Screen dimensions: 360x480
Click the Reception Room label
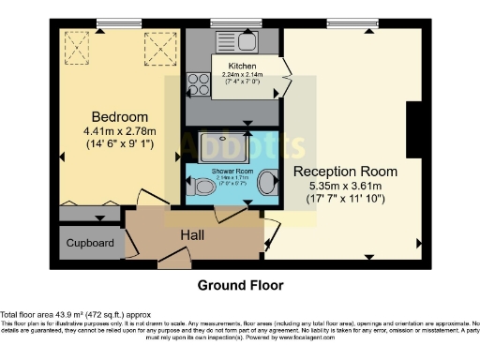pyautogui.click(x=345, y=172)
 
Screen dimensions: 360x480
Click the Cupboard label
pyautogui.click(x=90, y=244)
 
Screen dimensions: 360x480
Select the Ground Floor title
pyautogui.click(x=239, y=285)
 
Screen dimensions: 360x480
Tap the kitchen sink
pyautogui.click(x=247, y=40)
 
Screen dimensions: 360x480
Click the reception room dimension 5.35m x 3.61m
pyautogui.click(x=345, y=187)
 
